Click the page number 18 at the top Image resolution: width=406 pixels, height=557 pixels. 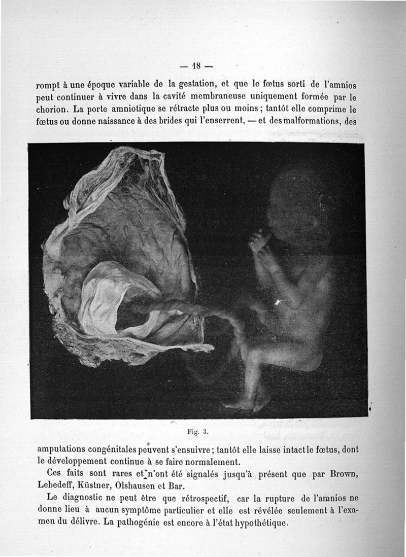[197, 65]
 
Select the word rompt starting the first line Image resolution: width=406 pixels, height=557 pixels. [49, 85]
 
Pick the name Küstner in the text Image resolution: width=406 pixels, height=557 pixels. [104, 485]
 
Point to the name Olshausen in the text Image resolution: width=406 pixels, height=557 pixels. [148, 485]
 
